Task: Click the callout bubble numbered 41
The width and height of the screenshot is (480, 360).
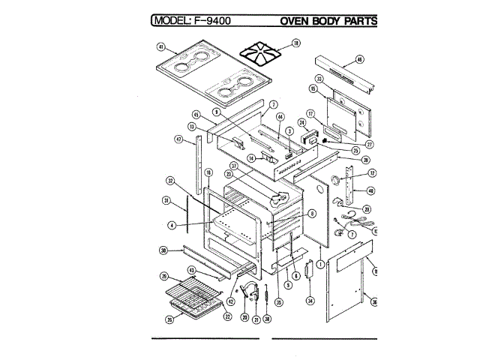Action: tap(160, 46)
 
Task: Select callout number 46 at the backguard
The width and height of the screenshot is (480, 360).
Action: tap(359, 59)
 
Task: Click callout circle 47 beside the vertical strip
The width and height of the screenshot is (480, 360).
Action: tap(178, 139)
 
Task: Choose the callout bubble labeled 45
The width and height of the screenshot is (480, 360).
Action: tap(196, 115)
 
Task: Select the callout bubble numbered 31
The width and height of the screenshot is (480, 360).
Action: tap(166, 200)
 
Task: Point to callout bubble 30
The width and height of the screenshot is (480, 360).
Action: tap(163, 250)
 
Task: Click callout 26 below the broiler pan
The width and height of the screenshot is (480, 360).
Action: tap(170, 318)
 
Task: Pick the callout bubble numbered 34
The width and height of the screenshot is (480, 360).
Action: tap(309, 301)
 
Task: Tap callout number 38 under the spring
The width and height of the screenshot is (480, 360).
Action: tap(268, 317)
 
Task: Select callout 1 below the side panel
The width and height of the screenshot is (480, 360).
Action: tap(320, 264)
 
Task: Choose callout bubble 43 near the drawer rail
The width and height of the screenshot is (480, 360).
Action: tap(191, 270)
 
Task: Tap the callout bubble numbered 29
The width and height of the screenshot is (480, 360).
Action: tap(163, 277)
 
